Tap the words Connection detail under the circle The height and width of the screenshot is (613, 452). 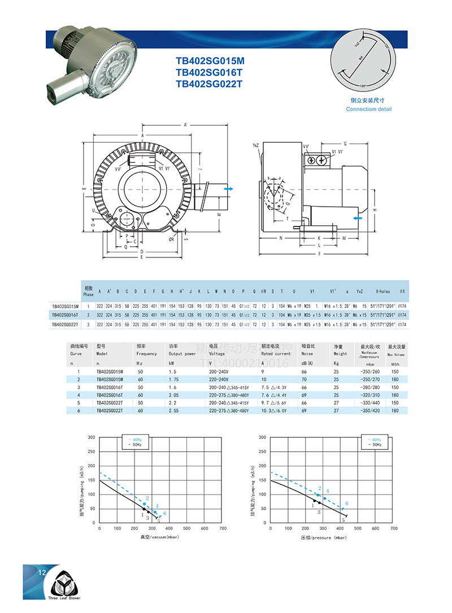point(368,109)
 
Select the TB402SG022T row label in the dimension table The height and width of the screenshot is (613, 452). point(64,325)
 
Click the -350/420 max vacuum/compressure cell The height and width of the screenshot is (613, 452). point(371,410)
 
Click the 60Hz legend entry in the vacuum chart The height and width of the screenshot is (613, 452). point(136,440)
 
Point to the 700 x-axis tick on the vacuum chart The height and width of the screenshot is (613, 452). point(223,528)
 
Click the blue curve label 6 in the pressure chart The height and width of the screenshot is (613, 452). point(347,503)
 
